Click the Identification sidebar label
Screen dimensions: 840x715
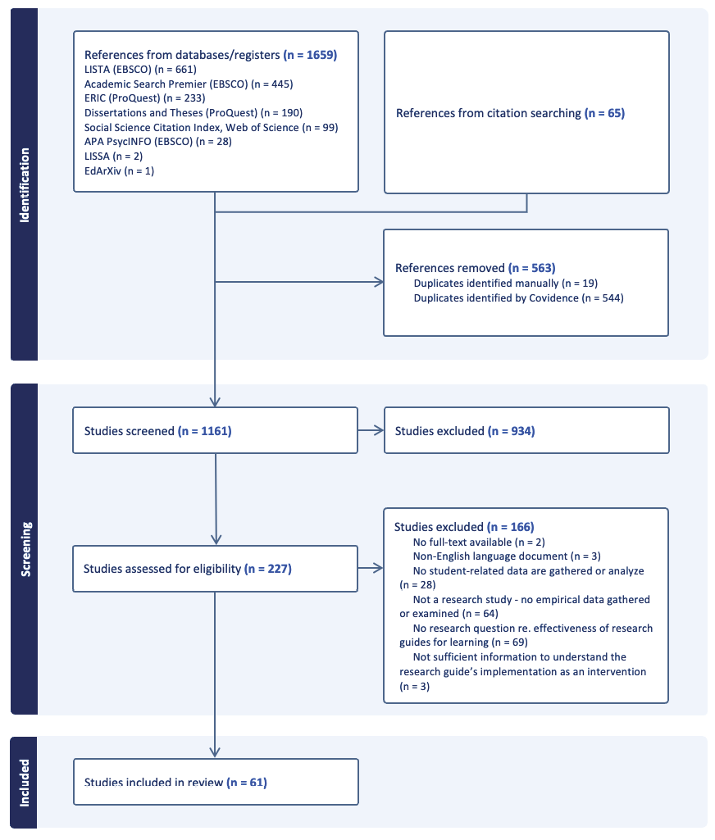click(24, 185)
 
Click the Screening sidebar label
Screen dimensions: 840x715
click(24, 549)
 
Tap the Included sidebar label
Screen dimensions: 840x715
click(24, 782)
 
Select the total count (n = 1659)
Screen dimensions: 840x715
click(310, 56)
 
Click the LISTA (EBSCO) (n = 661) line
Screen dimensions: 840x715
click(140, 70)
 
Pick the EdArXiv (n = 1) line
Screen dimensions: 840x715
click(119, 170)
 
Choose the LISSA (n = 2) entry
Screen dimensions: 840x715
click(112, 156)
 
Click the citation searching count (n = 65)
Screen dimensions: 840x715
click(604, 113)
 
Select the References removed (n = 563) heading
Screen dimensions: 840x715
click(475, 268)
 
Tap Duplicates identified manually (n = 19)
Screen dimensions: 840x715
click(505, 283)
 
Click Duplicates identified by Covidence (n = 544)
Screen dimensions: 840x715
click(518, 297)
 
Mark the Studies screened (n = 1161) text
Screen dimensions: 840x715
click(157, 430)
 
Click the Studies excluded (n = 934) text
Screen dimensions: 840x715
click(464, 430)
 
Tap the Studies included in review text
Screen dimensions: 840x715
click(175, 782)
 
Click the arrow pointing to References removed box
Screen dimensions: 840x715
click(379, 283)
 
